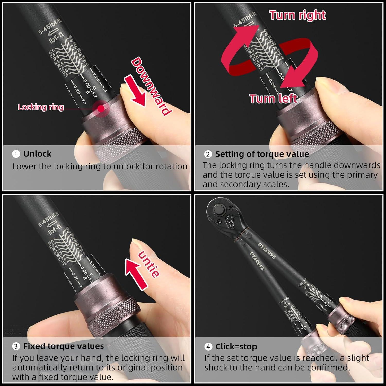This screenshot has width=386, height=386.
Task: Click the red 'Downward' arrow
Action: (135, 91)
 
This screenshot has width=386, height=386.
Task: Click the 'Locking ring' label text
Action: (41, 107)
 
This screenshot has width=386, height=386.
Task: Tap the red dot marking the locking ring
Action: (101, 108)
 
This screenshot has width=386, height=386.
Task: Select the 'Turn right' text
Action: (298, 15)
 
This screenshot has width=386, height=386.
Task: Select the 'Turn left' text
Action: (273, 99)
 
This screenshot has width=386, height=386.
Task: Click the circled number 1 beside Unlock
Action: (16, 154)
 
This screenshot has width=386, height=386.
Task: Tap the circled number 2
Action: (208, 154)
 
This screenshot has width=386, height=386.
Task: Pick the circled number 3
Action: (16, 346)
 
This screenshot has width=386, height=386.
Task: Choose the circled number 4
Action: (208, 347)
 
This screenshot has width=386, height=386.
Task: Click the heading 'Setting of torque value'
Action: (262, 154)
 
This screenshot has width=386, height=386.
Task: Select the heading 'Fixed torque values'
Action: (64, 346)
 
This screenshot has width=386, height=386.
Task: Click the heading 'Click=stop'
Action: (236, 347)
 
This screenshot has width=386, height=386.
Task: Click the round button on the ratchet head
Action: (219, 209)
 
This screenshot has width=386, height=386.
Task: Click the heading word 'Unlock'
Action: (37, 154)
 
